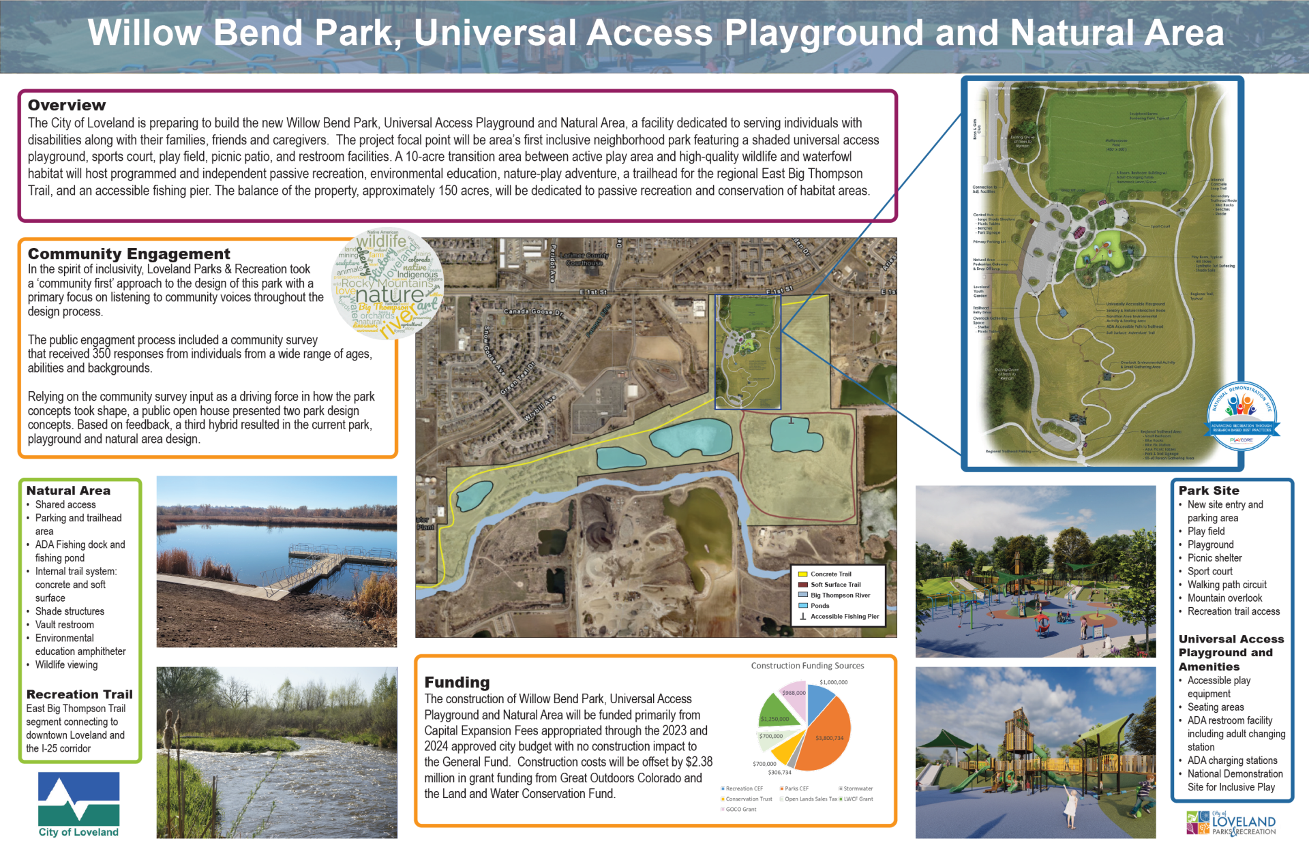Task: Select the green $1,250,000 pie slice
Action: point(777,713)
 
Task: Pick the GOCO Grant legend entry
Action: point(740,810)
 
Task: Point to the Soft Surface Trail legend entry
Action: point(835,585)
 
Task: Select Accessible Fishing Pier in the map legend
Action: point(844,617)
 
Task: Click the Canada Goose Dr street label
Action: point(533,312)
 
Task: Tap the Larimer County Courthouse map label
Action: point(584,259)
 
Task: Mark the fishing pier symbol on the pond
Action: point(791,420)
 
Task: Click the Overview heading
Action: point(67,106)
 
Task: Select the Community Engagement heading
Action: point(129,254)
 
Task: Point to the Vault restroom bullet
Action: point(65,625)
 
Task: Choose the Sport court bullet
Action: point(1209,572)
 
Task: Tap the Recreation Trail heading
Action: point(79,694)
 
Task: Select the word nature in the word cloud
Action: point(389,295)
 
